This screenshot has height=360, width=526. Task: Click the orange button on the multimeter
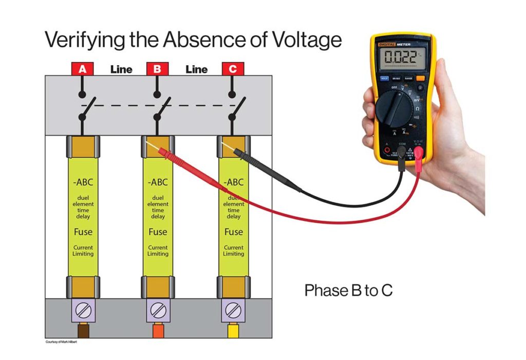click(420, 79)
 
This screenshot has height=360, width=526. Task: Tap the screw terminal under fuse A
click(82, 310)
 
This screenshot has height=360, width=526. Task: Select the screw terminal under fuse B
click(158, 310)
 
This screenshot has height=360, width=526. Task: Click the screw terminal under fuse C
click(233, 310)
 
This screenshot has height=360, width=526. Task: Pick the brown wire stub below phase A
click(82, 331)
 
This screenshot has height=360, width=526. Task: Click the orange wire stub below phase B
click(158, 331)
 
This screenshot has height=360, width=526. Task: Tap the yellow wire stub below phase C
click(233, 331)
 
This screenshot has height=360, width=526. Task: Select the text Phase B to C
click(348, 291)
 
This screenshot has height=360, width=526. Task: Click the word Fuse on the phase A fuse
click(83, 232)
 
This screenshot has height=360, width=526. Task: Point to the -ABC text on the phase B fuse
click(158, 182)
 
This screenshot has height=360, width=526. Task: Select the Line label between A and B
click(121, 69)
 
